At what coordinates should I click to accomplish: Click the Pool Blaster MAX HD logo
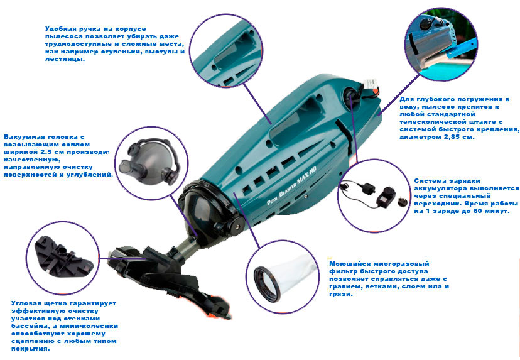291,185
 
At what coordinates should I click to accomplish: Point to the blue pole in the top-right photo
462,48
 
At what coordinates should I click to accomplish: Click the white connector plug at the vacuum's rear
371,84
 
